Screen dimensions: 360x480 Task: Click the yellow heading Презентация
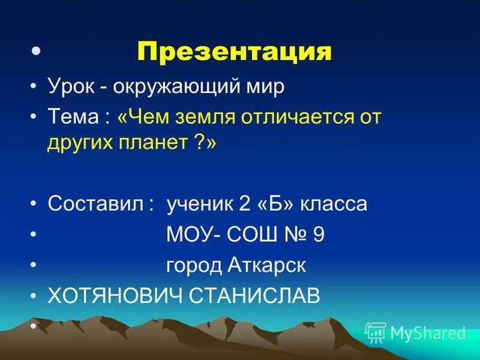coord(235,52)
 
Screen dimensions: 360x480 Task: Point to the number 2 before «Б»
coord(244,204)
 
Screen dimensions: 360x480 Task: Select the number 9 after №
coord(318,235)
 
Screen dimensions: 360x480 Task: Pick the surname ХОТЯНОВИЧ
coord(115,296)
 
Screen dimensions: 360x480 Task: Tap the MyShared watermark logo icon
coord(376,332)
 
